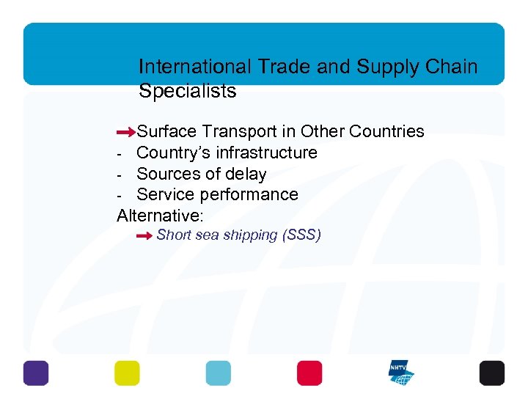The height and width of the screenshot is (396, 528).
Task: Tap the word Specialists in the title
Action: [188, 91]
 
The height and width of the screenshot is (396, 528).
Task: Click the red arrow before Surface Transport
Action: [127, 133]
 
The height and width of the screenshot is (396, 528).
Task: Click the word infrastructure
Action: [266, 153]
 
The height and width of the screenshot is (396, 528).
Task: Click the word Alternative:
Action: [160, 216]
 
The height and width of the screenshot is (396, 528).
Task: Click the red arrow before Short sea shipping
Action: [144, 236]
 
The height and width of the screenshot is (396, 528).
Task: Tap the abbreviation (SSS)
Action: [302, 235]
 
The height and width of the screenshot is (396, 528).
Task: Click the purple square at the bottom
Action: [36, 373]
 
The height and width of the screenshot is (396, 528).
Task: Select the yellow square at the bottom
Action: [127, 373]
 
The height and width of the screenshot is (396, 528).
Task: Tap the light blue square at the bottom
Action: [218, 373]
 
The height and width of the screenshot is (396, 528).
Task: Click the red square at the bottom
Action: [309, 373]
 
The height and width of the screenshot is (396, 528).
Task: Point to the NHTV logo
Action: [401, 373]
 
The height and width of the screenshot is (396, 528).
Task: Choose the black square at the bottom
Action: [492, 373]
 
